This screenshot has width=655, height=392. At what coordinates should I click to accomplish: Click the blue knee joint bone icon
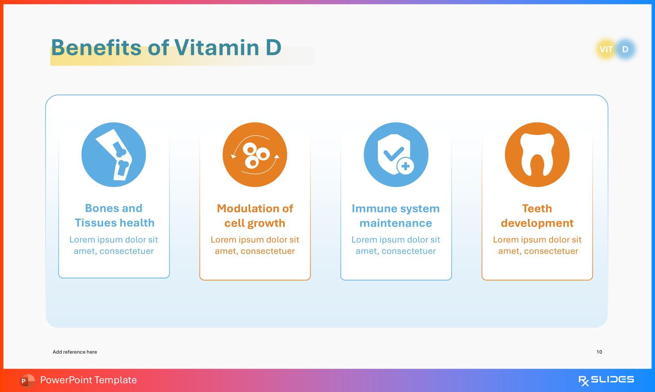114,154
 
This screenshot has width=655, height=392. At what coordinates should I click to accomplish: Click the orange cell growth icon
255,154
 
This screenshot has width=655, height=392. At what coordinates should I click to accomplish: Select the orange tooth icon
537,154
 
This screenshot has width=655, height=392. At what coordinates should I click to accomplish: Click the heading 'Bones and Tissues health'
114,215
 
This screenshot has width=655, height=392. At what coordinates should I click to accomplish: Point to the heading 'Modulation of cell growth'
255,216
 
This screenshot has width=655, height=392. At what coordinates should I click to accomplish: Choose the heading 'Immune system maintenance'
396,216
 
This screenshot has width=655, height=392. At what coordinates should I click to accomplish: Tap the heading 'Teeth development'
537,216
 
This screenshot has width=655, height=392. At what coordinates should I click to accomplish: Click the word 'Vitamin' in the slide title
217,48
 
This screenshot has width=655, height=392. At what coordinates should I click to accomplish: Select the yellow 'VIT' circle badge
606,49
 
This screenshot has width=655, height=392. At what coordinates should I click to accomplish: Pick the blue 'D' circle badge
626,49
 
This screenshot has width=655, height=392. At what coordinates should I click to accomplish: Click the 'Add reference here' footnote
75,352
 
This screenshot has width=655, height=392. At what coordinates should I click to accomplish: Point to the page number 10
599,352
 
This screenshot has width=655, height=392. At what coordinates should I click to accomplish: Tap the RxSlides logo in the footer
606,380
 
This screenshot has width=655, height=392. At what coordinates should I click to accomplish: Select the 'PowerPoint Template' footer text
88,380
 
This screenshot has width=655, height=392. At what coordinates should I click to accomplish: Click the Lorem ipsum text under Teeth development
537,245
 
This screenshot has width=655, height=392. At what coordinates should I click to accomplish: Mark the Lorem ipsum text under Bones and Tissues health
114,245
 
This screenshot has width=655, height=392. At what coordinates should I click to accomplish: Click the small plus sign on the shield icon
406,166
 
